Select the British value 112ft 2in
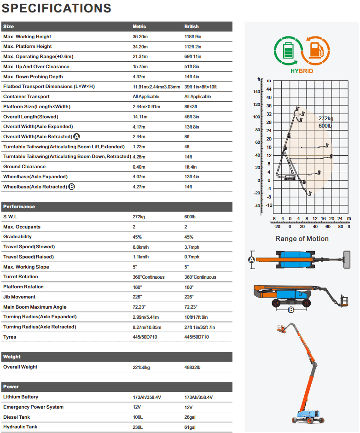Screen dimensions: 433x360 (193, 47)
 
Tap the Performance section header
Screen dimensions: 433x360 (19, 207)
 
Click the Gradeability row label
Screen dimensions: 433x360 (17, 237)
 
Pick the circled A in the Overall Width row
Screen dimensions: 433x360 (77, 137)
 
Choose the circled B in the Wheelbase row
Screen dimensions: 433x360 (71, 187)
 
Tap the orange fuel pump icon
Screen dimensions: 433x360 (315, 51)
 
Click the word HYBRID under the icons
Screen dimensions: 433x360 (302, 71)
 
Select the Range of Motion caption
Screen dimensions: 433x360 (302, 239)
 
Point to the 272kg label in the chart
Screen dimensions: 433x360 (326, 118)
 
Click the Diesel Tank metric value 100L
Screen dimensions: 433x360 (138, 417)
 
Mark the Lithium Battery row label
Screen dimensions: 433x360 (21, 397)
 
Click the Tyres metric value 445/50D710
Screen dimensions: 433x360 (145, 337)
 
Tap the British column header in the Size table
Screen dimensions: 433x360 (192, 27)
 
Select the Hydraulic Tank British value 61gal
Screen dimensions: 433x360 (191, 427)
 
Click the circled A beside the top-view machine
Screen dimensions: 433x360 (252, 260)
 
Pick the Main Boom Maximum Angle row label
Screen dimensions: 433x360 (35, 307)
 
